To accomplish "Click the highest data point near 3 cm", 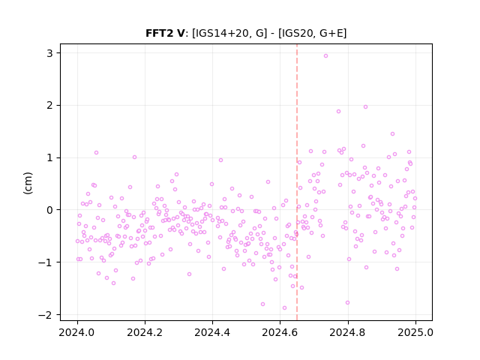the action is [325, 55].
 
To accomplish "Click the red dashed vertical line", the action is [297, 182].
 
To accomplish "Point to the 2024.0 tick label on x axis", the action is [77, 332].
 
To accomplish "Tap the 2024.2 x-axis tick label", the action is [145, 332].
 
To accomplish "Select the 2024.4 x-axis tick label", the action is [212, 332].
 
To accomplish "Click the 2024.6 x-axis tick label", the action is [280, 332].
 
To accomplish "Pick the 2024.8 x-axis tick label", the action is [347, 332].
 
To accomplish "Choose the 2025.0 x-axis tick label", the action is [415, 332].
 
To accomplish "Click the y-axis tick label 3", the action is [49, 53].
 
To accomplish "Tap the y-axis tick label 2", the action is [49, 105].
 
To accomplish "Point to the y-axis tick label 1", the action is [49, 157].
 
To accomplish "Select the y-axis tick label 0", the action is [49, 210].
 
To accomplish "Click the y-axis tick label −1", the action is [45, 262].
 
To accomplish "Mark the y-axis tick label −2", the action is [45, 315].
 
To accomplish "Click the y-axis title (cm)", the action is [28, 183].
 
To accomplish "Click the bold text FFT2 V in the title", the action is [165, 33].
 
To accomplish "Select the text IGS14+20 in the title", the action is [222, 33].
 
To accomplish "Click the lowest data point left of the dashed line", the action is [284, 307].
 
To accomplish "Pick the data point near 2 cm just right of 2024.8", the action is [365, 106].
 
